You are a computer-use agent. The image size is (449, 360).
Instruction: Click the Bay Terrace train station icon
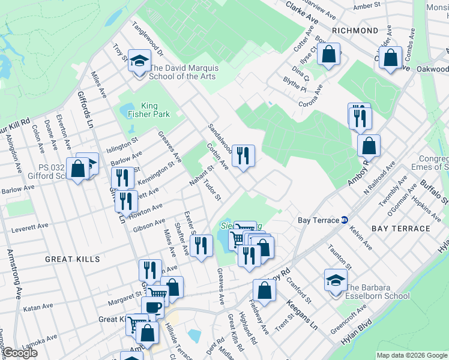pyautogui.click(x=345, y=220)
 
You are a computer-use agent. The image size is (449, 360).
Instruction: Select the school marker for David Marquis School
pyautogui.click(x=140, y=62)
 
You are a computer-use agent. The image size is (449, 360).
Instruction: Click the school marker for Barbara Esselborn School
pyautogui.click(x=336, y=279)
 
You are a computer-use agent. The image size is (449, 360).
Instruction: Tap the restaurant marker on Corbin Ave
pyautogui.click(x=244, y=156)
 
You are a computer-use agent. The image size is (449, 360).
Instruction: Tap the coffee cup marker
pyautogui.click(x=152, y=307)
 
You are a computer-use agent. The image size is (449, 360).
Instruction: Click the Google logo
pyautogui.click(x=19, y=353)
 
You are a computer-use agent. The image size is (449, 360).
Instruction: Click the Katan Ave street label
pyautogui.click(x=35, y=308)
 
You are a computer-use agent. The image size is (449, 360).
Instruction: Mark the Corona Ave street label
pyautogui.click(x=311, y=95)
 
